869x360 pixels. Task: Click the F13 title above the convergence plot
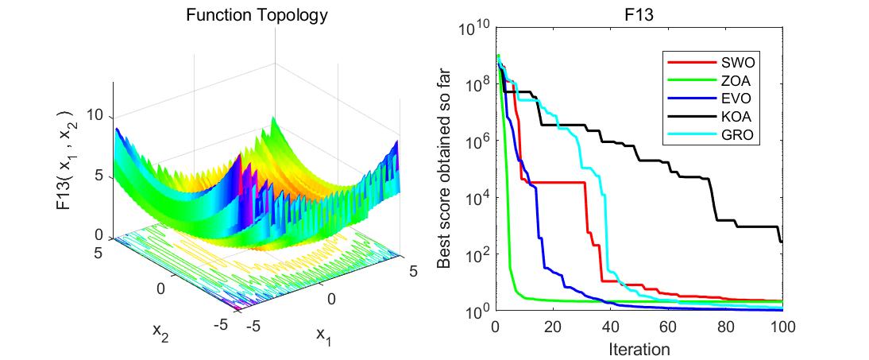click(639, 14)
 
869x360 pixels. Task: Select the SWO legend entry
click(738, 60)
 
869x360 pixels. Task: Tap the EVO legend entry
click(738, 99)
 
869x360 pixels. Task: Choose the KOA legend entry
click(738, 117)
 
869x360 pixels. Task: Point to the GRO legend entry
click(738, 136)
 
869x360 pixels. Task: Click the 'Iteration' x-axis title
click(639, 348)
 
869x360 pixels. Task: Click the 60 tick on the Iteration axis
click(668, 327)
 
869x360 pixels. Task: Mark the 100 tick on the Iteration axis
click(782, 327)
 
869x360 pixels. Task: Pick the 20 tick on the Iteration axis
click(553, 327)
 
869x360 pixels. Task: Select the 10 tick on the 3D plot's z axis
click(95, 116)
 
